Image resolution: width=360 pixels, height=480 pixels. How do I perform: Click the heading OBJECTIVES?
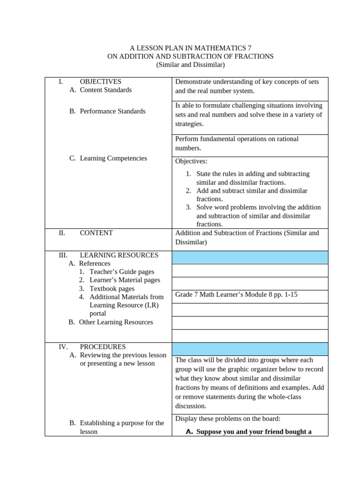pyautogui.click(x=100, y=82)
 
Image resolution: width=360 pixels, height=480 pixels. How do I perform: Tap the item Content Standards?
pyautogui.click(x=105, y=90)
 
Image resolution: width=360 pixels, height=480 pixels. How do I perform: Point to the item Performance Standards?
pyautogui.click(x=112, y=111)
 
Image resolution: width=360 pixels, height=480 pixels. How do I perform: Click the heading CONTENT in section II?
pyautogui.click(x=96, y=232)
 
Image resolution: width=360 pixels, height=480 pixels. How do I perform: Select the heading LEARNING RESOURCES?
pyautogui.click(x=119, y=255)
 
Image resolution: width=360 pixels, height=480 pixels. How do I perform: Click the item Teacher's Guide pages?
pyautogui.click(x=121, y=272)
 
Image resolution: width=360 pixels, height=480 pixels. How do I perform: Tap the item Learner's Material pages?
pyautogui.click(x=125, y=280)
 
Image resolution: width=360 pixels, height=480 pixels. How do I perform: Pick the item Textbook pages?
pyautogui.click(x=112, y=289)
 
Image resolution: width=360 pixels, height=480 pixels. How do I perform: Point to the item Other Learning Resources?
pyautogui.click(x=116, y=322)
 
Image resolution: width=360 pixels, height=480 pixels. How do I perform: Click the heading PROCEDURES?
pyautogui.click(x=103, y=347)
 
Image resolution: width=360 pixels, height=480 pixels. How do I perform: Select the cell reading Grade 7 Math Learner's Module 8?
pyautogui.click(x=236, y=294)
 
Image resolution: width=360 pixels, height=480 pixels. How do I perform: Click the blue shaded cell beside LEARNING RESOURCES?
pyautogui.click(x=250, y=257)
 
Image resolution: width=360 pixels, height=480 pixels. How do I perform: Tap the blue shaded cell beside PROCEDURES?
pyautogui.click(x=250, y=349)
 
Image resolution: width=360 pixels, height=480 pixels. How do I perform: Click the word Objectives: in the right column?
pyautogui.click(x=191, y=161)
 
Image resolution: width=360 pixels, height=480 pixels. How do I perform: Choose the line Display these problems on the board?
pyautogui.click(x=228, y=419)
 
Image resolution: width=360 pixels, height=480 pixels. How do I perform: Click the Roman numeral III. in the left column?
pyautogui.click(x=63, y=255)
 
